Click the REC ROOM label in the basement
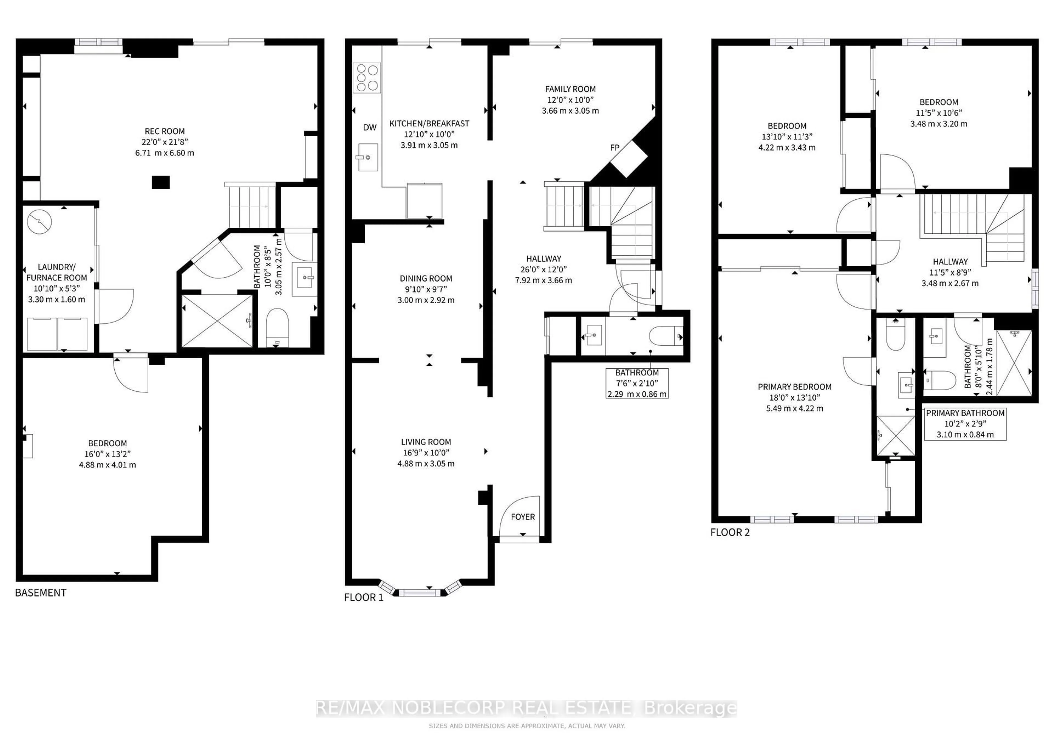[165, 131]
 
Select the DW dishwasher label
[370, 128]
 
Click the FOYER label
[523, 517]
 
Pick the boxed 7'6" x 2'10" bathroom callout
[637, 383]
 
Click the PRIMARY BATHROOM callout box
[965, 424]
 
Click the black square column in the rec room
[161, 183]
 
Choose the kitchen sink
[368, 157]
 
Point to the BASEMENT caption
[41, 593]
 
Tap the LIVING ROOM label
[426, 442]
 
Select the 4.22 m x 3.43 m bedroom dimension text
[787, 148]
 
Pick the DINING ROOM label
[426, 278]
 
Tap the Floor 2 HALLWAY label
[950, 261]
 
